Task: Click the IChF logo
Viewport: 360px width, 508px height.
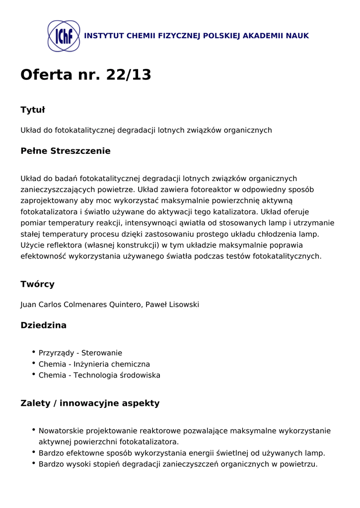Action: click(x=64, y=36)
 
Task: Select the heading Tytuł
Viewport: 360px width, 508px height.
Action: click(x=33, y=110)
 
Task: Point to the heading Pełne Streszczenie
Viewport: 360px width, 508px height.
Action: click(x=65, y=151)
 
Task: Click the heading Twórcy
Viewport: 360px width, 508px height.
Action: click(x=37, y=284)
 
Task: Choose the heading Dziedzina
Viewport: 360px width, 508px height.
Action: click(x=43, y=325)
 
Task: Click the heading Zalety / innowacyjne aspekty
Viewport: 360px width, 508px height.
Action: click(x=90, y=403)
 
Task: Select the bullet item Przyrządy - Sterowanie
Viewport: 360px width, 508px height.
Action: click(x=80, y=353)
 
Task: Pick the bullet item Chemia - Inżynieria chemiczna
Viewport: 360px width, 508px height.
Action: click(x=94, y=364)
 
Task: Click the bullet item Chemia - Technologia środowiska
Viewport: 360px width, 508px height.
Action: click(x=99, y=375)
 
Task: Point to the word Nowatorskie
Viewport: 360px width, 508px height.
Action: click(x=61, y=431)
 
